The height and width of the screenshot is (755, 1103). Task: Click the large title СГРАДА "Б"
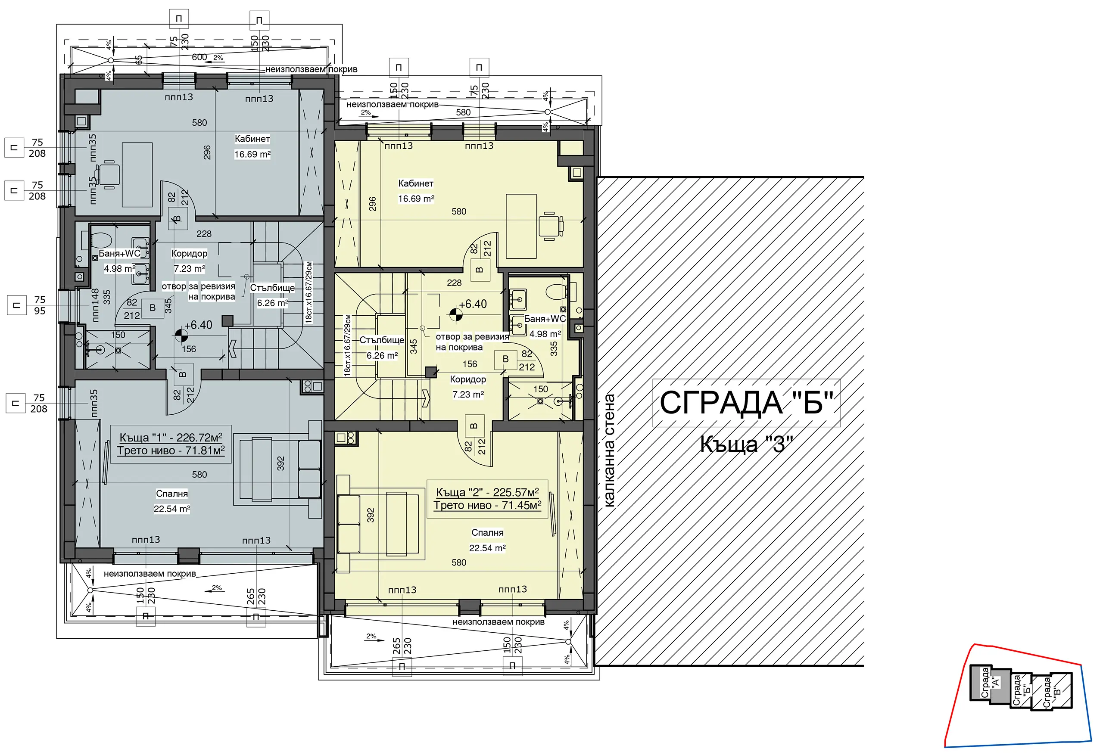(x=746, y=403)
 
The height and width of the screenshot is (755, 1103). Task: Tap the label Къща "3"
(x=747, y=444)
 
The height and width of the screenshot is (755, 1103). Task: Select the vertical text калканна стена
(x=609, y=451)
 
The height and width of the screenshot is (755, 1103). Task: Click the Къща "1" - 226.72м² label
(x=171, y=437)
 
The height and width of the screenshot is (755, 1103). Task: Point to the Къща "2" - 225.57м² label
(x=487, y=492)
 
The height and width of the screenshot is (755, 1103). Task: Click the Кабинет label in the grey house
(x=252, y=139)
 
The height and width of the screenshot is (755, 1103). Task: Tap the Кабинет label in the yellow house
(x=416, y=183)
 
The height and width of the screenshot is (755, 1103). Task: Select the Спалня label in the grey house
(x=172, y=494)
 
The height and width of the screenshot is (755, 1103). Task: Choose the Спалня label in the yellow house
(x=487, y=532)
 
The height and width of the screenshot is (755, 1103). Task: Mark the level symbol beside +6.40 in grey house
(x=181, y=336)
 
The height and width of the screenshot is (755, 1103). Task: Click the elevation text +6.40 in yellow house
(x=473, y=304)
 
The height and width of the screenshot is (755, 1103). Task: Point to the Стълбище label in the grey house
(x=272, y=288)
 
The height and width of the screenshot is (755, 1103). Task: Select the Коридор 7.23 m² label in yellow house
(x=468, y=387)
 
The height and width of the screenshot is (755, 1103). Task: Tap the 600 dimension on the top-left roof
(x=199, y=57)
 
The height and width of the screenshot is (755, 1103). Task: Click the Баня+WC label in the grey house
(x=120, y=253)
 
